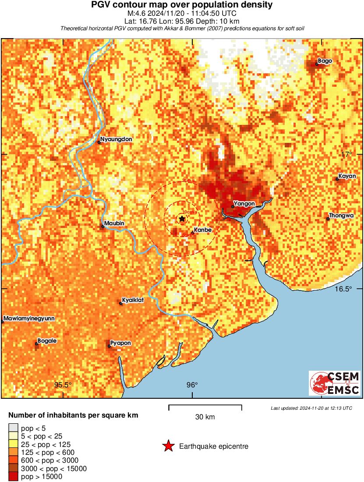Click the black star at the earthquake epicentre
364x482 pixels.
pyautogui.click(x=182, y=219)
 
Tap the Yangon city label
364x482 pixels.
pyautogui.click(x=244, y=204)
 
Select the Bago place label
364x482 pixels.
pyautogui.click(x=325, y=61)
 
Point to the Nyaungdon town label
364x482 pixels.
pyautogui.click(x=116, y=139)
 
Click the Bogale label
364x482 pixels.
pyautogui.click(x=47, y=340)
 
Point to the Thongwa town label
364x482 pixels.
pyautogui.click(x=342, y=216)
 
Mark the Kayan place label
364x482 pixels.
pyautogui.click(x=347, y=176)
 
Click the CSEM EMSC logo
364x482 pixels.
pyautogui.click(x=335, y=383)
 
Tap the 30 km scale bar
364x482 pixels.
pyautogui.click(x=205, y=407)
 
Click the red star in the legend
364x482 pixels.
pyautogui.click(x=168, y=447)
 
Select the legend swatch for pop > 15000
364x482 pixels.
pyautogui.click(x=14, y=476)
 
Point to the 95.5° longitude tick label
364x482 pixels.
pyautogui.click(x=63, y=385)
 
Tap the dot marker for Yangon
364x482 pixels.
pyautogui.click(x=233, y=206)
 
